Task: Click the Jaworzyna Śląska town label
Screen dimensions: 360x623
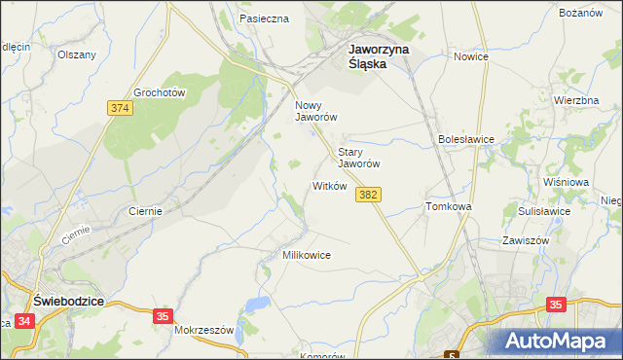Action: (381, 55)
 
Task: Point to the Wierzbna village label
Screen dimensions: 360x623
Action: (575, 100)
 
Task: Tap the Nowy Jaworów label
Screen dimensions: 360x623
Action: (315, 110)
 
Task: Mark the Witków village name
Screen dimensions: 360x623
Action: (329, 186)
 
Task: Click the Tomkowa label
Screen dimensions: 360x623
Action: (449, 207)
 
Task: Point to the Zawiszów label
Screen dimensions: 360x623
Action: (527, 240)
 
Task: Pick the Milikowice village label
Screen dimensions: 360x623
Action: (307, 255)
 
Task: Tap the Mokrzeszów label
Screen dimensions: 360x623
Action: (204, 330)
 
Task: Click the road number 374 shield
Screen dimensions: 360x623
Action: (121, 108)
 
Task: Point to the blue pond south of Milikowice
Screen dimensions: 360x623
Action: (257, 306)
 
